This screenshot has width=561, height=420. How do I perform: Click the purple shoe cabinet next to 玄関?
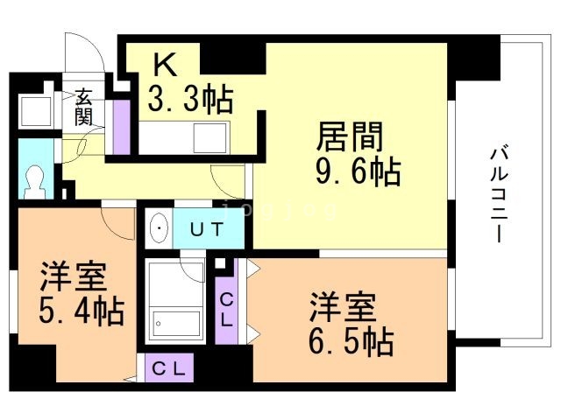122,122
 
